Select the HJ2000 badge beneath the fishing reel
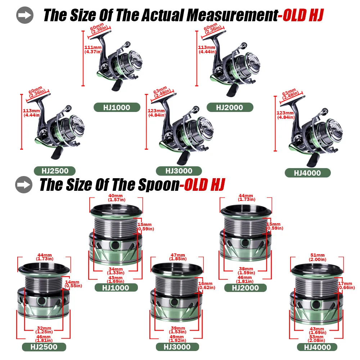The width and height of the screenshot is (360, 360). click(230, 107)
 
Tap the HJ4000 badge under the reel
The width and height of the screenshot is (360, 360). click(308, 173)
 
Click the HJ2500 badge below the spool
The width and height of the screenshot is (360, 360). click(44, 347)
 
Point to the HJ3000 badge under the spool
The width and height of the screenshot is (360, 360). click(177, 347)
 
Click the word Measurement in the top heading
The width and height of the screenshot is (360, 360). click(232, 15)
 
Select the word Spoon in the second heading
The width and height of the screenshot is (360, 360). click(159, 185)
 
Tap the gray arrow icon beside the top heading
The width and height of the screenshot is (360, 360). click(25, 15)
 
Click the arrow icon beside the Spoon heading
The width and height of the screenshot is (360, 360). click(24, 185)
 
